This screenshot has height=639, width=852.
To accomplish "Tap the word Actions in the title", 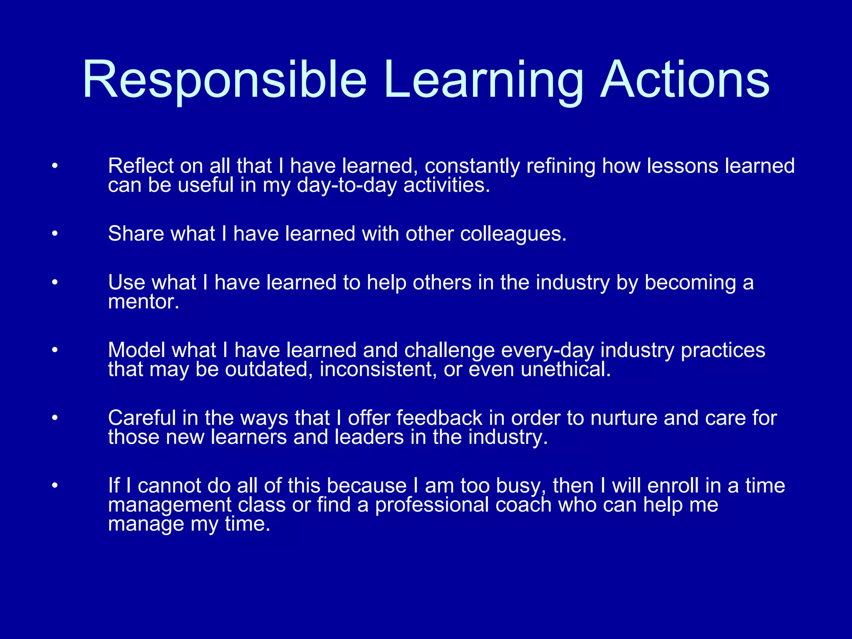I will (x=685, y=80).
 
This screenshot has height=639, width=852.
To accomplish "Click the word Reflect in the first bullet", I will (x=141, y=166).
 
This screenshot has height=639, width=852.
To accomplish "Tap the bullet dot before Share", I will (x=54, y=234).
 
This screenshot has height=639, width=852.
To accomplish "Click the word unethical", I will (x=566, y=369).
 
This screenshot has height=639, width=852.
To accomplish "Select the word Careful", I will (x=142, y=418).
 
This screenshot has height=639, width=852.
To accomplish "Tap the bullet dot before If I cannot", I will (x=54, y=486).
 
